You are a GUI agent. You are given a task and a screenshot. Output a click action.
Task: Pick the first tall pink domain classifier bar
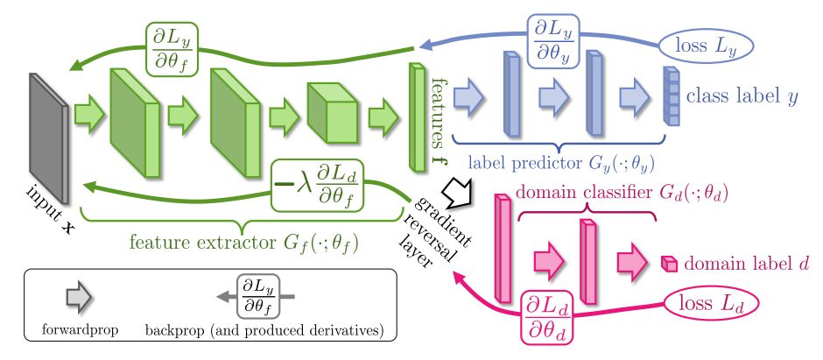503,237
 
